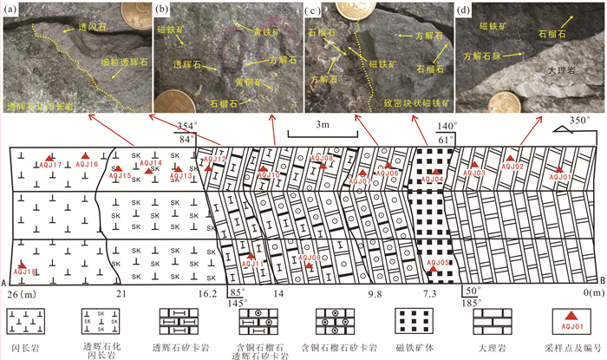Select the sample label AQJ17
pyautogui.click(x=52, y=165)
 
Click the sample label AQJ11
pyautogui.click(x=252, y=263)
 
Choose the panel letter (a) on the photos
pyautogui.click(x=11, y=10)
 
